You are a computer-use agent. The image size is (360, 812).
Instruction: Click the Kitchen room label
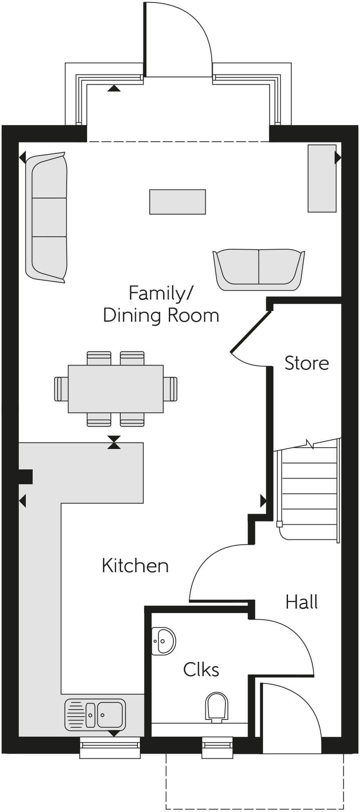pos(135,566)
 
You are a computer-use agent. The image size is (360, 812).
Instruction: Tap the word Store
pos(306,363)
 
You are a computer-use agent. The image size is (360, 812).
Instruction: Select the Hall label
pos(301,602)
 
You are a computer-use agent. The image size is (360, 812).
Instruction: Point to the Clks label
pos(201,670)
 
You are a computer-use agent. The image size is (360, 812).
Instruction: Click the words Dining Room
pos(161,316)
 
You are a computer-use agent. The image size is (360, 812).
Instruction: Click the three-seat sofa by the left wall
pos(46,217)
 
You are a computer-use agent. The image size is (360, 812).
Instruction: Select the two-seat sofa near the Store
pos(259,269)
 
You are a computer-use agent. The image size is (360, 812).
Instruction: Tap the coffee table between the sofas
pos(177,202)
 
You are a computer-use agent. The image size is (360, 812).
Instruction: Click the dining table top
pos(115,389)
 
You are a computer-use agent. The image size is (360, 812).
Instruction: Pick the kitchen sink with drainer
pos(94,715)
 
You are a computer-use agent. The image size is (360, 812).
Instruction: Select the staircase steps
pos(309,487)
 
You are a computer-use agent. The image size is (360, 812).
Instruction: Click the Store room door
pos(250,332)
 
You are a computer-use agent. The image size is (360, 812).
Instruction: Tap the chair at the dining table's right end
pos(171,389)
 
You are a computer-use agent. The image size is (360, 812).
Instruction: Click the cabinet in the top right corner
pos(322,178)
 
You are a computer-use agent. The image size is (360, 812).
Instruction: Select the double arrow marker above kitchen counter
pos(114,442)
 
